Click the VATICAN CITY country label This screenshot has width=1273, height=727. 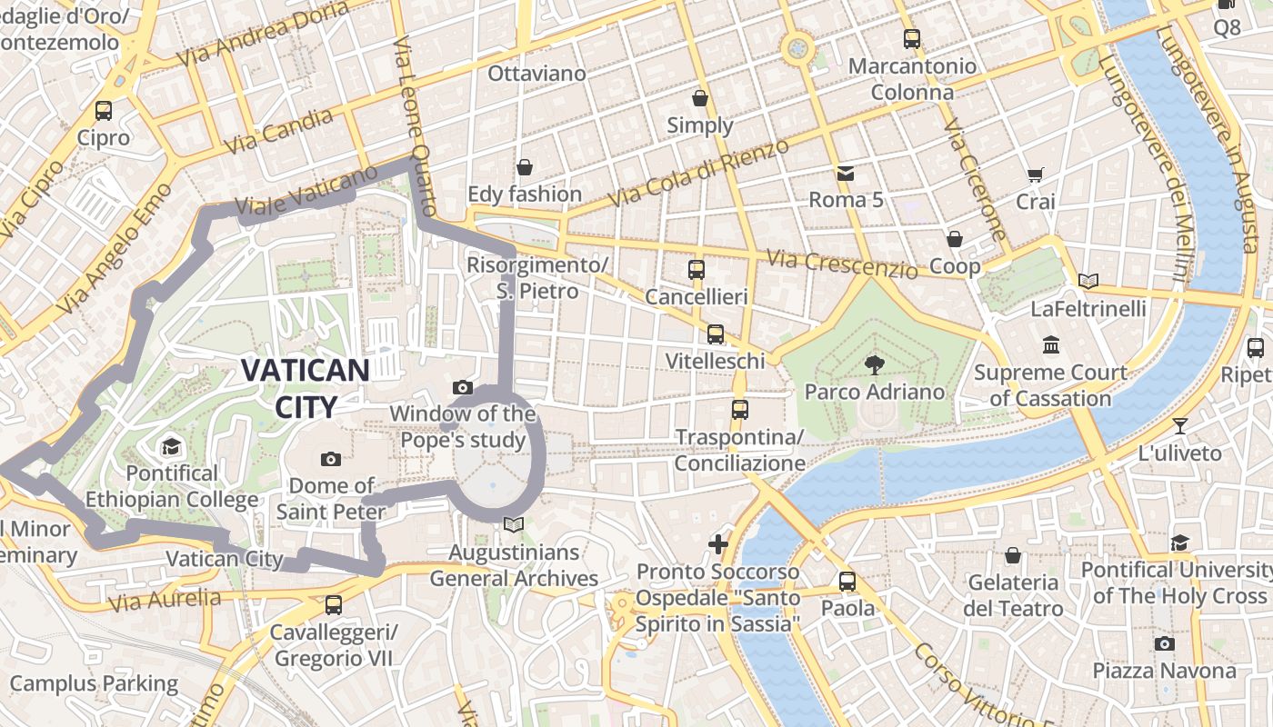point(305,388)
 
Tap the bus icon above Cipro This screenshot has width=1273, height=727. point(104,111)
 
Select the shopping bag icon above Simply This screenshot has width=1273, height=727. point(700,98)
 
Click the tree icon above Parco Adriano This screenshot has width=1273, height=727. point(875,365)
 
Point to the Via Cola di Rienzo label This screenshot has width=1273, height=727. point(698,173)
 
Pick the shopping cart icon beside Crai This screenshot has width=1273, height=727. point(1035,174)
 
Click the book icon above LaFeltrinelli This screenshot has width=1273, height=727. point(1088,282)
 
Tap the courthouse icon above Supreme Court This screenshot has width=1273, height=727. point(1052,345)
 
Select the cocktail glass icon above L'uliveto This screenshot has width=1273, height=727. point(1180,425)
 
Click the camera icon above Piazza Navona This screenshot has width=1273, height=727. point(1164,643)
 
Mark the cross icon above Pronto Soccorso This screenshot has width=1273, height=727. point(718,544)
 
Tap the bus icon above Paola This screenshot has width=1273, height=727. point(847,581)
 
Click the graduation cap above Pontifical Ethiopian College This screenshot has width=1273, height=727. point(171,446)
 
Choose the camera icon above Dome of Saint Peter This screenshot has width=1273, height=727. point(330,459)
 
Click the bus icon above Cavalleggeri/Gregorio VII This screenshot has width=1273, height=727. point(334,604)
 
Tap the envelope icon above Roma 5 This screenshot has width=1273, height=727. point(846,173)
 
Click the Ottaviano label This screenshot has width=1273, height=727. point(537,73)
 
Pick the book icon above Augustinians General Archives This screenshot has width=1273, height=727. point(514,525)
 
